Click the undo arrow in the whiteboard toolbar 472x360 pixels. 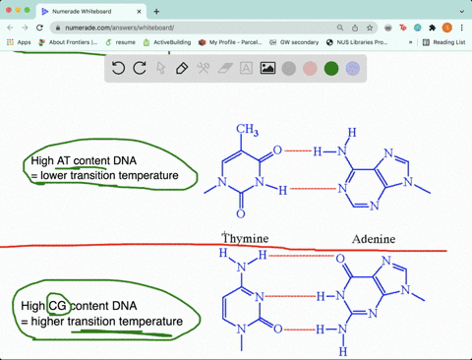point(118,68)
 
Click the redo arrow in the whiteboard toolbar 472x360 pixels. point(140,68)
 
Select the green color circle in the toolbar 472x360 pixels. point(331,69)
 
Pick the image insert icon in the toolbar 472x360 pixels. point(267,69)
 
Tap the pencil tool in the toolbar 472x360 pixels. point(182,69)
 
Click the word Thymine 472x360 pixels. point(245,239)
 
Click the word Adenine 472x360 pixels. point(374,239)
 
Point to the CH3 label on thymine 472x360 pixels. point(247,130)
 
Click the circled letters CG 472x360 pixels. point(57,306)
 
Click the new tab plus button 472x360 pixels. point(156,11)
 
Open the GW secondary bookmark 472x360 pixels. point(297,42)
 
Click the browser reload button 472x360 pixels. point(37,28)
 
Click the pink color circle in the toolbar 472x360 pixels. point(310,69)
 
